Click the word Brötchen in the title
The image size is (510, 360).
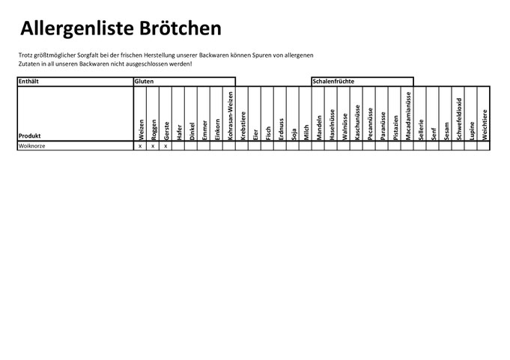pyautogui.click(x=180, y=28)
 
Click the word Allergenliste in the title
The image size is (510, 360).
pyautogui.click(x=77, y=28)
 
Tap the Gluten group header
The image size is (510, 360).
pyautogui.click(x=144, y=82)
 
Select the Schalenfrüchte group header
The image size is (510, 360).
pyautogui.click(x=333, y=82)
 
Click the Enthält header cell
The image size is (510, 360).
pyautogui.click(x=28, y=82)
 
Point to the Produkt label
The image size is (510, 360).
pyautogui.click(x=30, y=135)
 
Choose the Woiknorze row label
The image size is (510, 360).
pyautogui.click(x=32, y=146)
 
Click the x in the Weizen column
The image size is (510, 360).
pyautogui.click(x=140, y=146)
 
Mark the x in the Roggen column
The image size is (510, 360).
pyautogui.click(x=153, y=146)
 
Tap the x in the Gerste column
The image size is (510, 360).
pyautogui.click(x=166, y=146)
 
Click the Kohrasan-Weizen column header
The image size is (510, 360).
pyautogui.click(x=230, y=116)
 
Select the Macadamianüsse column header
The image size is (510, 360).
pyautogui.click(x=408, y=116)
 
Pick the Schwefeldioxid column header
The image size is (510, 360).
pyautogui.click(x=459, y=119)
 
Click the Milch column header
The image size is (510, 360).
pyautogui.click(x=306, y=132)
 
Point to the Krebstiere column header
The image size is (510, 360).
pyautogui.click(x=243, y=126)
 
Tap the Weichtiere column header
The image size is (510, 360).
pyautogui.click(x=485, y=125)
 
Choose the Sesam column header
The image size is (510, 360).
pyautogui.click(x=446, y=131)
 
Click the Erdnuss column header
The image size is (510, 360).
pyautogui.click(x=281, y=129)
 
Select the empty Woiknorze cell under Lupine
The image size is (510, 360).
pyautogui.click(x=470, y=146)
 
